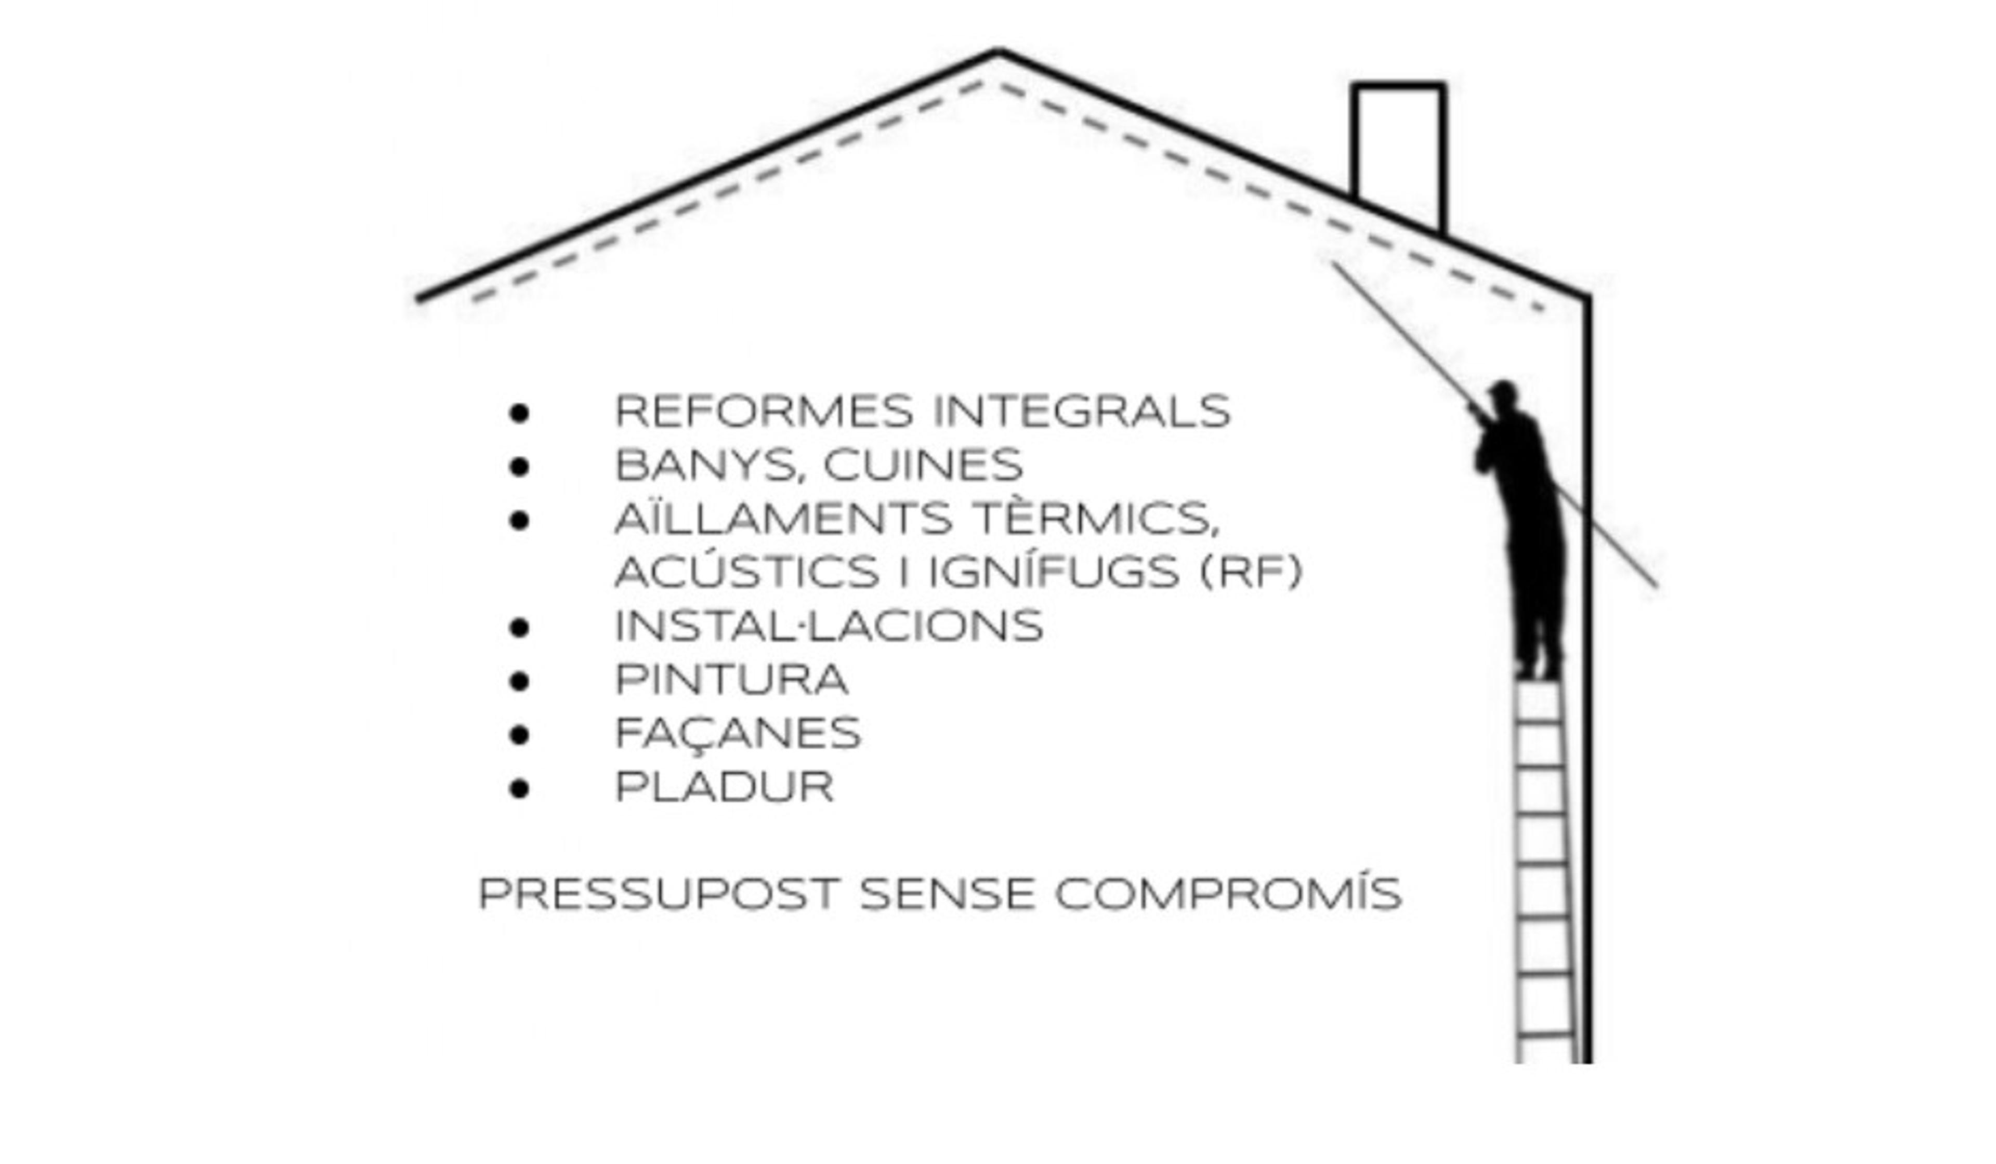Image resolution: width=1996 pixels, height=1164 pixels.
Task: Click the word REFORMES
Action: (764, 412)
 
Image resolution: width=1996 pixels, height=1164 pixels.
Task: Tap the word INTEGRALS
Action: (1082, 412)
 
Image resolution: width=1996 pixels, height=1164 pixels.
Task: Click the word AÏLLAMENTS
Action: (783, 518)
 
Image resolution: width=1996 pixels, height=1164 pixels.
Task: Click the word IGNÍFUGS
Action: (1054, 571)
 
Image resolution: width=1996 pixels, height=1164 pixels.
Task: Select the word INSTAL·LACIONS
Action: (829, 626)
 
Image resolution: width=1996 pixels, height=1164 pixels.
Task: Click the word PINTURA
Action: (732, 679)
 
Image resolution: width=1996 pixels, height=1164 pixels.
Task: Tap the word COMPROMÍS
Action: (1228, 893)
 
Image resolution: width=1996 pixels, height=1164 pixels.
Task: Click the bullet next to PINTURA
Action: (520, 681)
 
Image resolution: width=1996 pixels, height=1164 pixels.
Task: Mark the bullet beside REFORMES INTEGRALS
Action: (520, 413)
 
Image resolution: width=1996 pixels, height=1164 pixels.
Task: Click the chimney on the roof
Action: (1399, 151)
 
